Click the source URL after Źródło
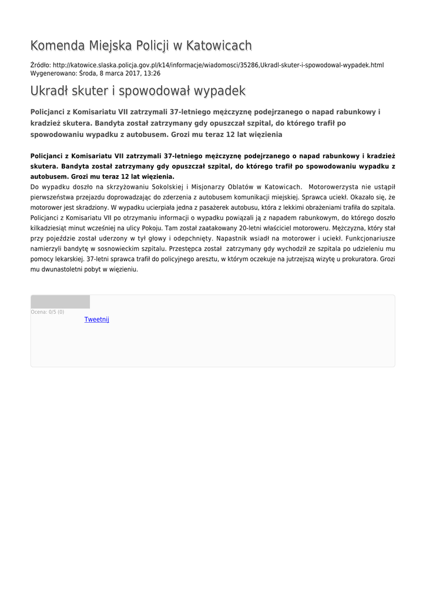218,65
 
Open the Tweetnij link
96,319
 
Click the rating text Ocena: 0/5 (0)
48,312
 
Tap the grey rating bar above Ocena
60,302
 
